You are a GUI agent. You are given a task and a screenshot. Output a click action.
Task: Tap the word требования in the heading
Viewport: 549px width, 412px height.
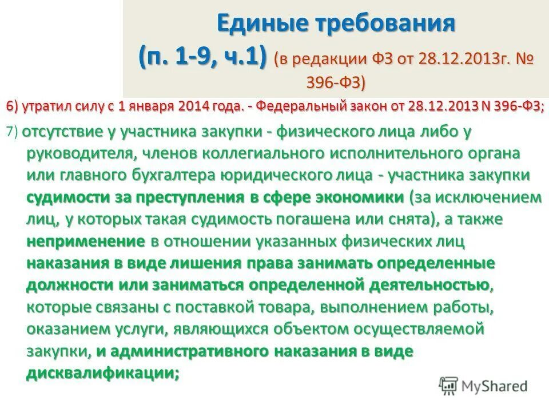point(382,25)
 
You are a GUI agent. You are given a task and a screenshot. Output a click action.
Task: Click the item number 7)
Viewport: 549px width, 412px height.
point(13,132)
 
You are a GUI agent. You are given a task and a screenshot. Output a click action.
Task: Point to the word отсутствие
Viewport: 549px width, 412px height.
point(63,132)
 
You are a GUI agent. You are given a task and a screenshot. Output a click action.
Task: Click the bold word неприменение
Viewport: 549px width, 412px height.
point(86,241)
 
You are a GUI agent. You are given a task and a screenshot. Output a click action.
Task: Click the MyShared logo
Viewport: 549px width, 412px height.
point(483,385)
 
